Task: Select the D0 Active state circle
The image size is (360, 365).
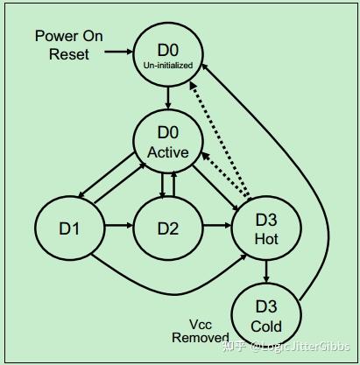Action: click(x=168, y=144)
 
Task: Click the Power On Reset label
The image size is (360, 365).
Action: click(x=69, y=46)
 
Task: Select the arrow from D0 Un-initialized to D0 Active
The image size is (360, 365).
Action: click(x=168, y=95)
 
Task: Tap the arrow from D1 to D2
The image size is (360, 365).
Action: click(x=118, y=228)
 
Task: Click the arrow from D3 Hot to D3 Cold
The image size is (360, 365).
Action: click(x=265, y=272)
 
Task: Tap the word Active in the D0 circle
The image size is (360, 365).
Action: click(x=168, y=153)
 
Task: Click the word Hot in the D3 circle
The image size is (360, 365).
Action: click(x=265, y=237)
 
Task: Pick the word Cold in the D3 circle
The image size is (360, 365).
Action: click(x=265, y=326)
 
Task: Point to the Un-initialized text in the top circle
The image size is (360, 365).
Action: click(x=168, y=64)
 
